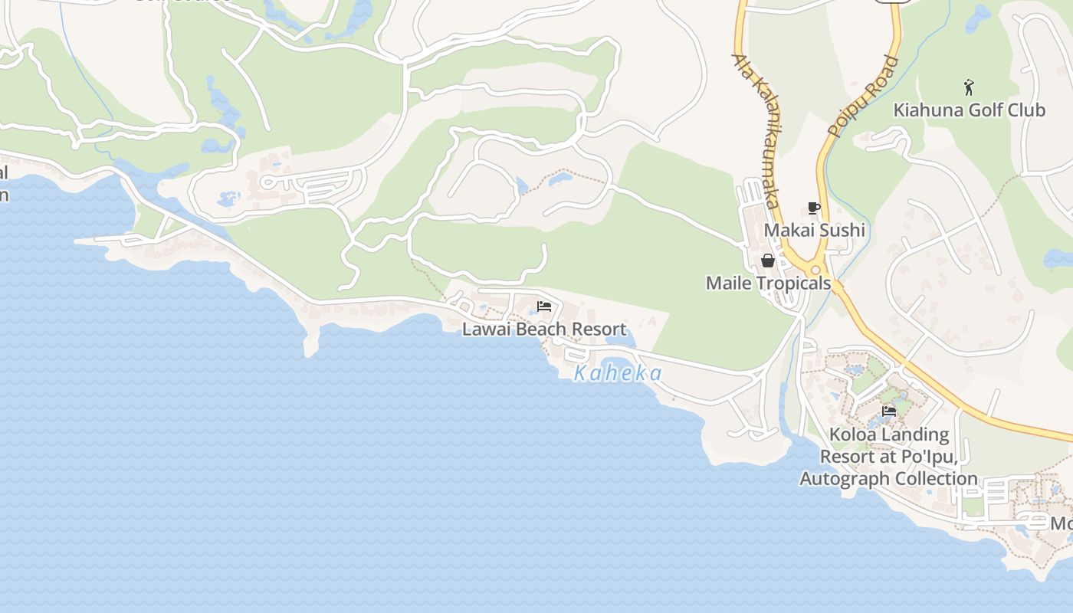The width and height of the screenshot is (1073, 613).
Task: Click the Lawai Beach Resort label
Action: point(544,329)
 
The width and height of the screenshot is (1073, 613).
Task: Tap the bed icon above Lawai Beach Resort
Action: point(544,306)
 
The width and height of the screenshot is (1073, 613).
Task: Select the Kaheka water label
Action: point(618,373)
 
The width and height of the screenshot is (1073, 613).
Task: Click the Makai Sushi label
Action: point(815,230)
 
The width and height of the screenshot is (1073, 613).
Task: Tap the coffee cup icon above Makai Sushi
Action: point(814,208)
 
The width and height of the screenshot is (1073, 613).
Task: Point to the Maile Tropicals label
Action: point(768,283)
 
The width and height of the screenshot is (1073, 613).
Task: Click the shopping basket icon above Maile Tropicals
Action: point(768,261)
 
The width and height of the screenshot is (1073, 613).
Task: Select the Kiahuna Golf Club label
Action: point(969,110)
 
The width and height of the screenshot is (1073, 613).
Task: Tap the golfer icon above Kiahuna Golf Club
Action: point(969,86)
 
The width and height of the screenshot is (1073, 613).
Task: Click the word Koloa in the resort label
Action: point(852,435)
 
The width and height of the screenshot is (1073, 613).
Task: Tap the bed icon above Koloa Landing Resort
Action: point(889,411)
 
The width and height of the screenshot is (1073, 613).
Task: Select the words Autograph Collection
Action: point(889,479)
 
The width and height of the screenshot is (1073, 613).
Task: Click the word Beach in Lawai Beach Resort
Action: point(545,329)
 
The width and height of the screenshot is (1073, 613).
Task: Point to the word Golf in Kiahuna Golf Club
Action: point(969,110)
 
